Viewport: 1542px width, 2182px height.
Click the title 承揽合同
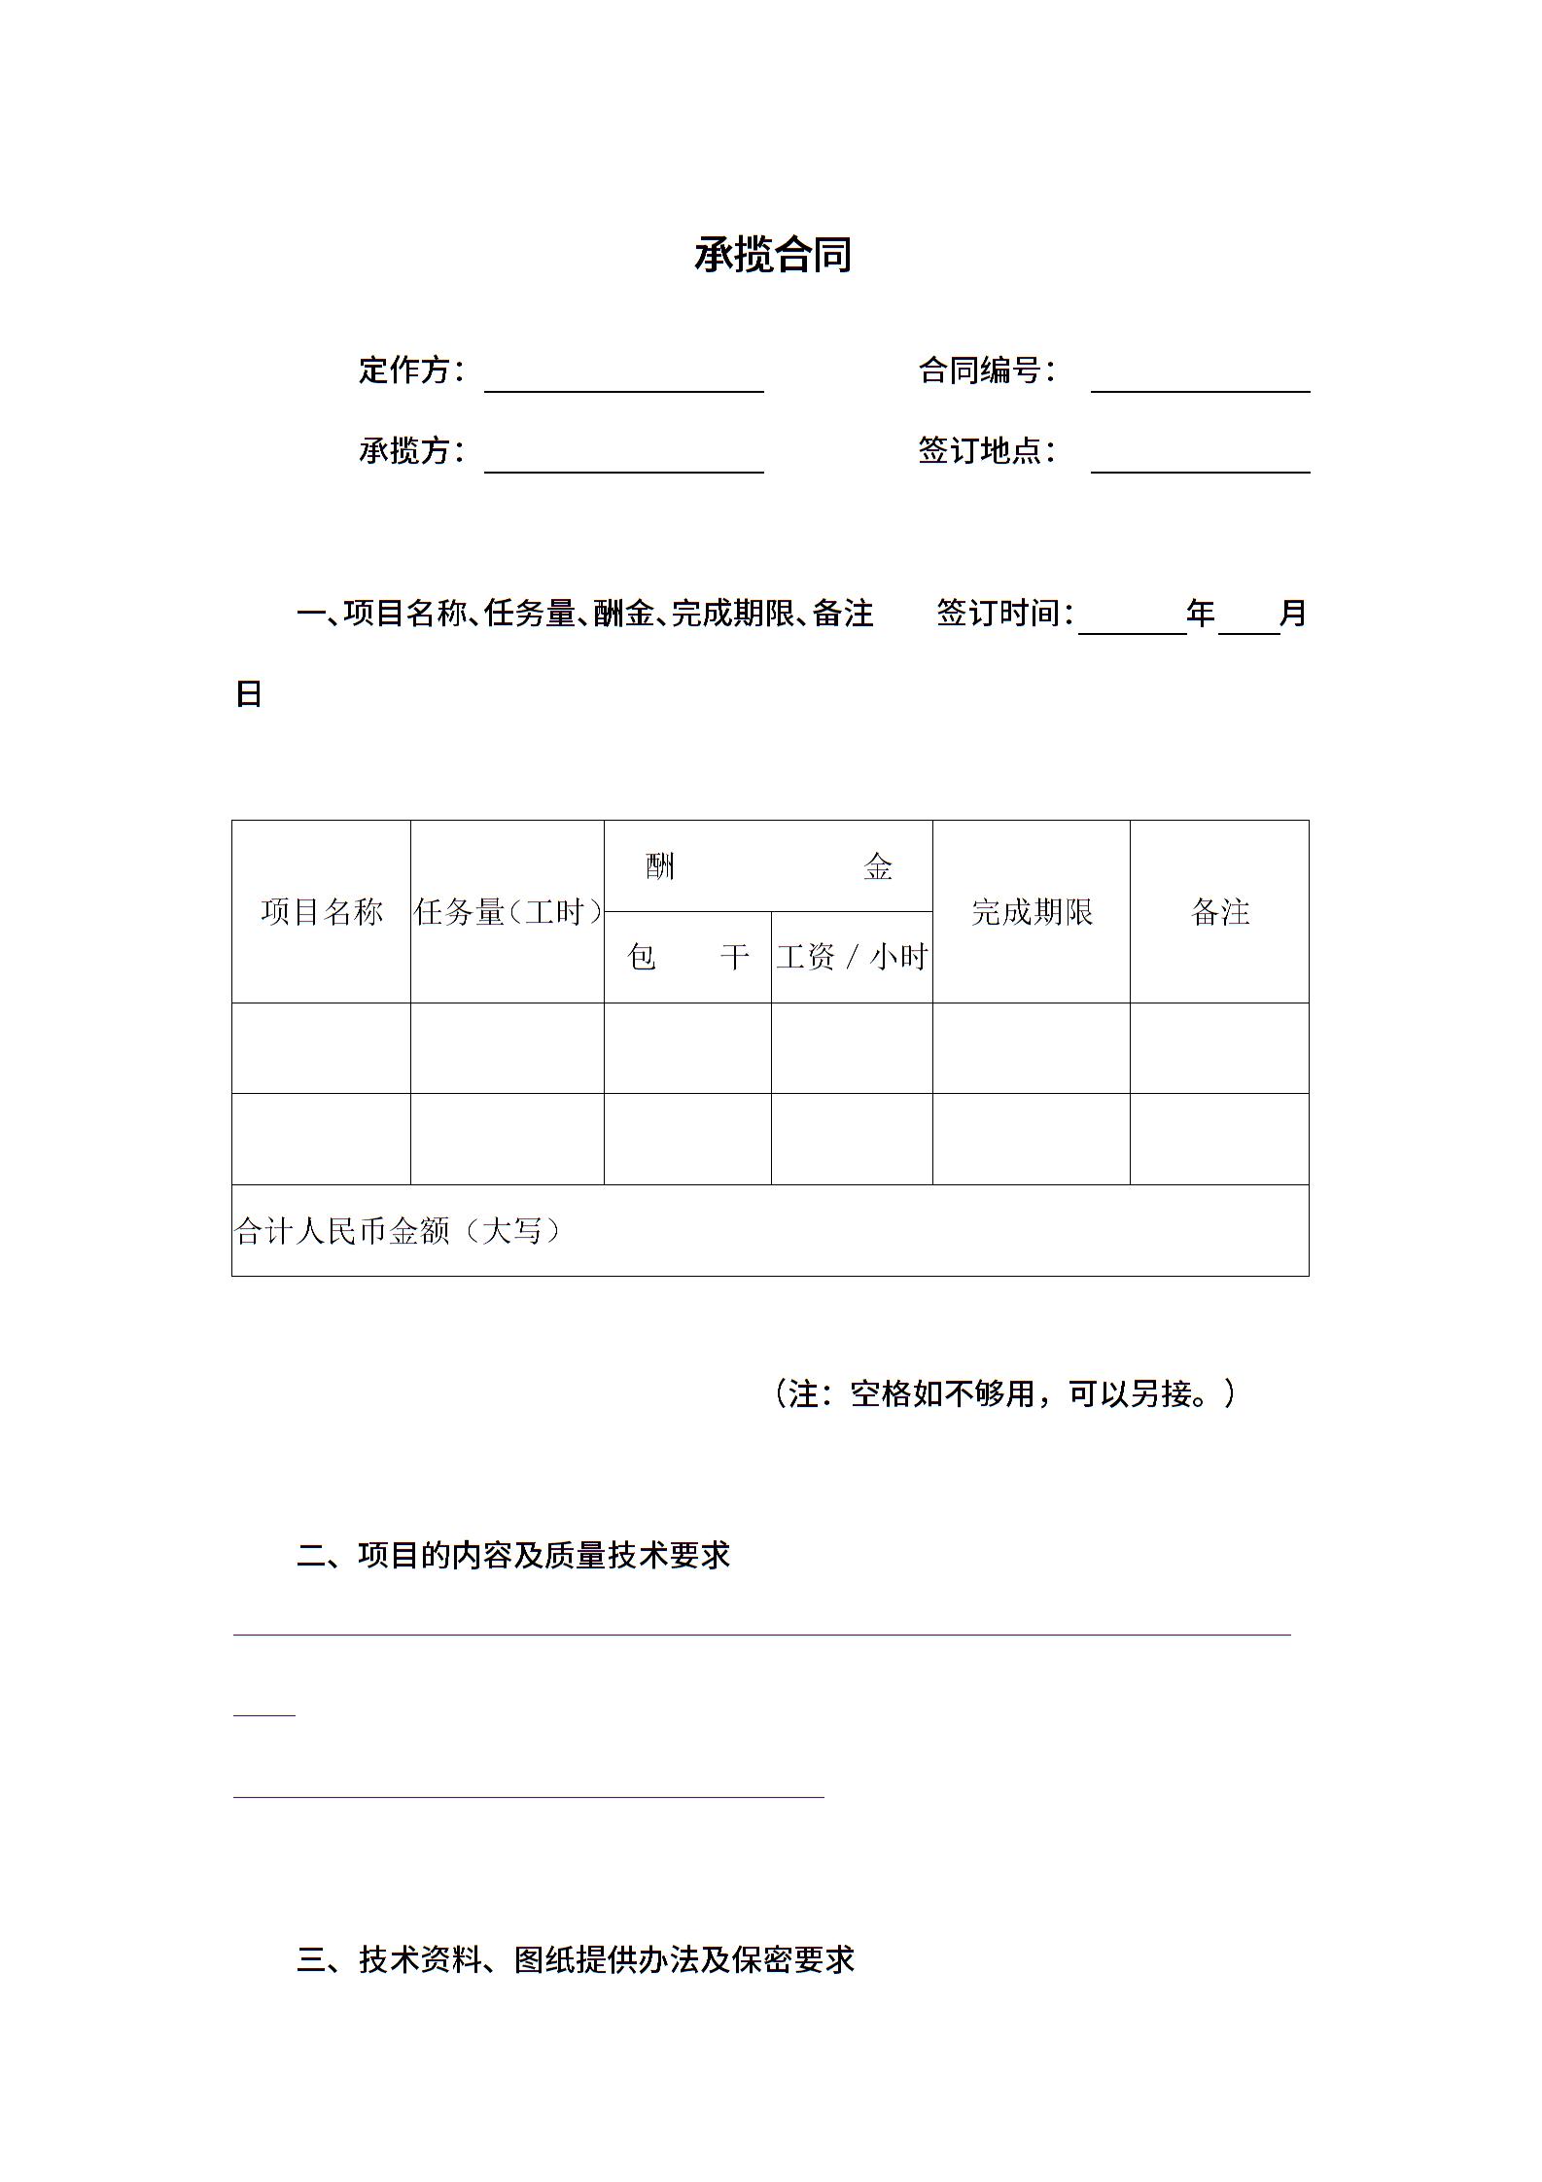tap(773, 255)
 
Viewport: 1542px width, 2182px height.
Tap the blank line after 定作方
tap(623, 379)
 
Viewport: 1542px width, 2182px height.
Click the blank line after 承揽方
tap(623, 460)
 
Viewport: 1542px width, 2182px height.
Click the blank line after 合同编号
tap(1200, 379)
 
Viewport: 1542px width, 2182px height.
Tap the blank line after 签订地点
tap(1200, 460)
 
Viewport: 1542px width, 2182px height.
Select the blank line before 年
tap(1132, 621)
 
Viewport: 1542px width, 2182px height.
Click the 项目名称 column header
tap(322, 912)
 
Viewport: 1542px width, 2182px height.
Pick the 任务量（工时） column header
tap(508, 912)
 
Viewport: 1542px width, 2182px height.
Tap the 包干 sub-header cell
tap(687, 958)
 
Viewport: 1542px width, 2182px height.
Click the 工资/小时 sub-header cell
tap(852, 958)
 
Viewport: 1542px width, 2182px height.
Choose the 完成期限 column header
tap(1032, 912)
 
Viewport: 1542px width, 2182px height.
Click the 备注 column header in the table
tap(1219, 912)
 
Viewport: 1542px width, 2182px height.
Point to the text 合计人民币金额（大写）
tap(399, 1232)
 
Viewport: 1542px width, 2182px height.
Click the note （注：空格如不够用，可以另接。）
tap(1004, 1394)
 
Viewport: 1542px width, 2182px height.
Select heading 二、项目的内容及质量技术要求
tap(513, 1556)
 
